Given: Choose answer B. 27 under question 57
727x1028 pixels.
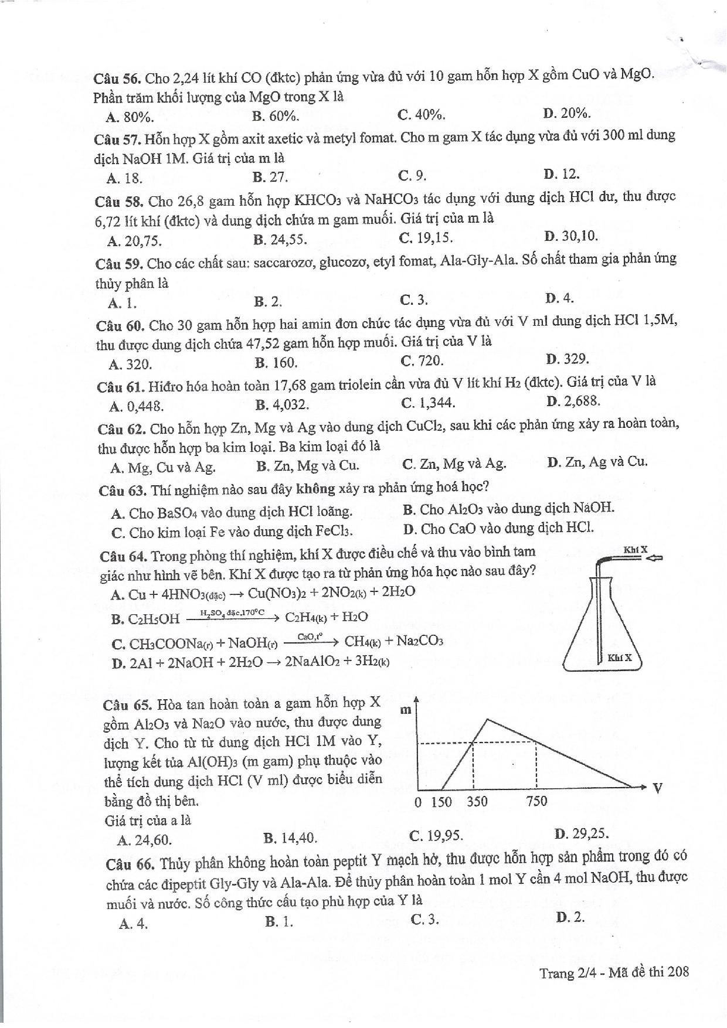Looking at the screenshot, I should coord(270,177).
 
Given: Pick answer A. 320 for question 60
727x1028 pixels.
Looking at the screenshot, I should coord(130,365).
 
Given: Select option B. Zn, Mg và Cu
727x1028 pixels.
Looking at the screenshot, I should coord(307,466).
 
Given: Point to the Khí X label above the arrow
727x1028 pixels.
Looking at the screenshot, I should coord(635,550).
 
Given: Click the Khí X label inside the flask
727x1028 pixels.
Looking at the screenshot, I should coord(620,657).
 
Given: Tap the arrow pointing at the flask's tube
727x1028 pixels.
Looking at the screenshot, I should coord(653,559).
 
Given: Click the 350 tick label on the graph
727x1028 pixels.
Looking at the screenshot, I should coord(477,801).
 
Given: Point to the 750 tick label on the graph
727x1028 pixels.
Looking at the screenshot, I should coord(536,801).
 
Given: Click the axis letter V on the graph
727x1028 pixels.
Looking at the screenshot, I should coord(657,788).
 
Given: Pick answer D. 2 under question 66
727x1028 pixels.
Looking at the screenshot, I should coord(570,917).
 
